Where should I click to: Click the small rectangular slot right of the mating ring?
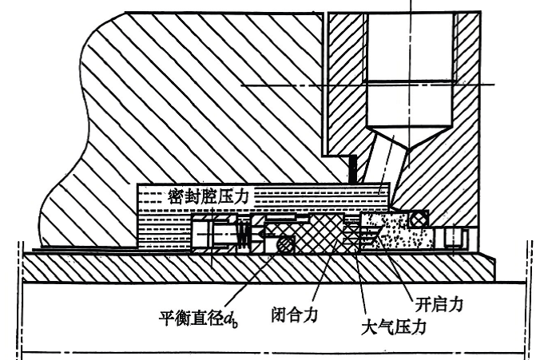click(x=455, y=238)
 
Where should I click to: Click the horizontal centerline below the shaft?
click(x=272, y=352)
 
